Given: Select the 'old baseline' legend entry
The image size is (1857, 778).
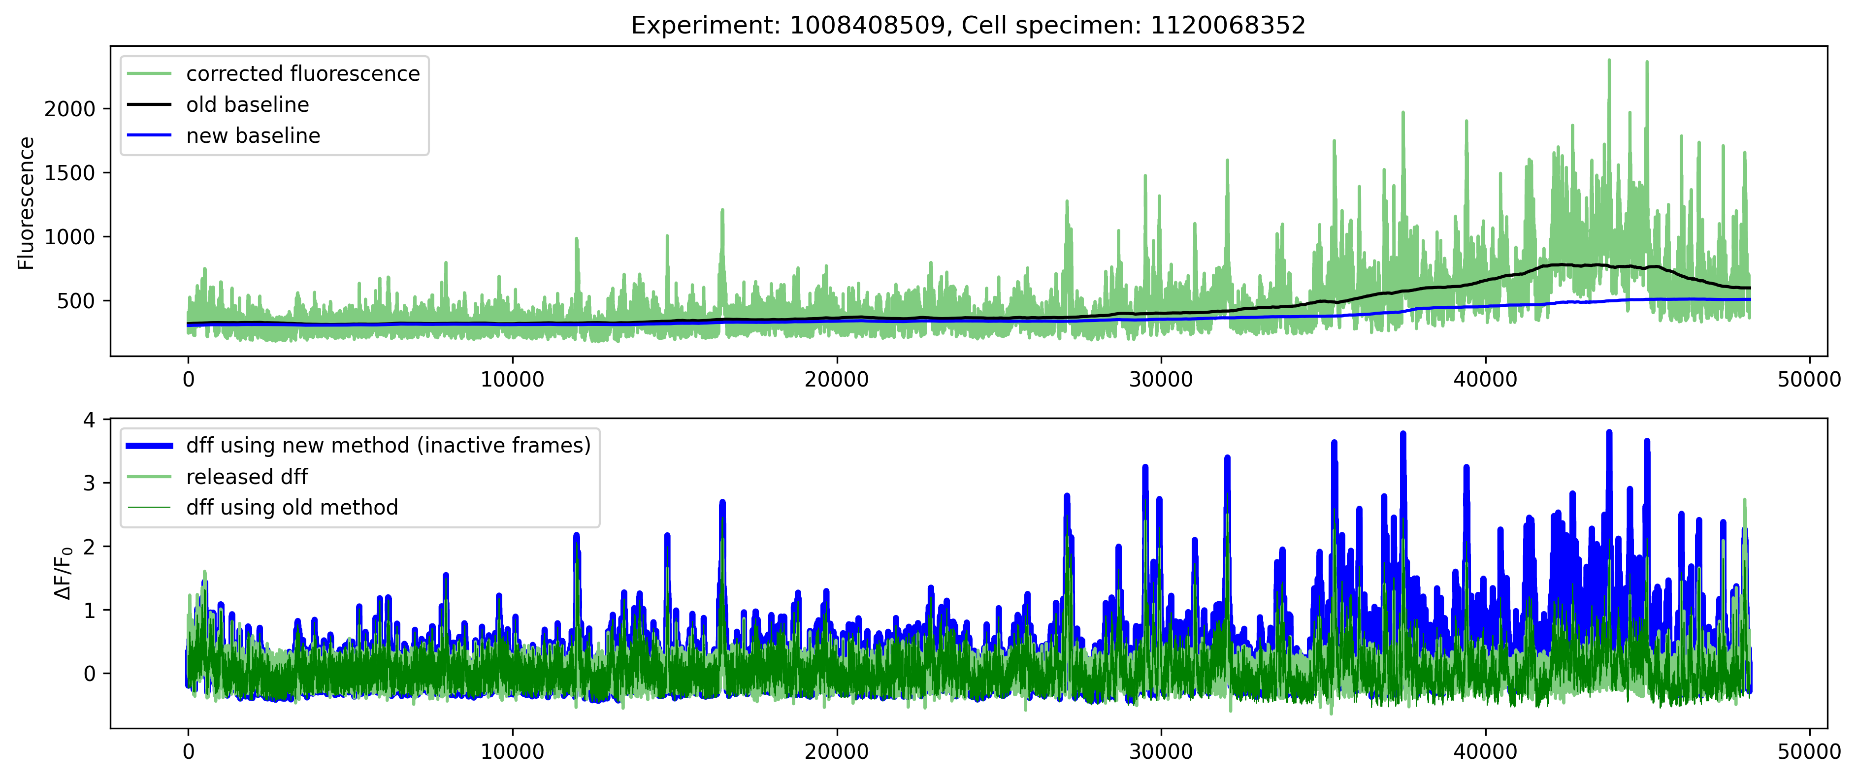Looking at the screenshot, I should pos(247,104).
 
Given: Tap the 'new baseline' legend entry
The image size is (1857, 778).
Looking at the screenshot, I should pos(253,135).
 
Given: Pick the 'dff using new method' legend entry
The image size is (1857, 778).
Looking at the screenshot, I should pos(388,446).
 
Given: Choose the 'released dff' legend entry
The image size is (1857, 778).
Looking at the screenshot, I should pos(247,477).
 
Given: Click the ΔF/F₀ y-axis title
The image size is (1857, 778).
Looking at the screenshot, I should pos(64,573).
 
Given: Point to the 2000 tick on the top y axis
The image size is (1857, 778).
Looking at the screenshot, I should pos(70,109).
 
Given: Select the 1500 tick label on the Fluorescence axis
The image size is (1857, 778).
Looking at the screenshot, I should pos(70,173).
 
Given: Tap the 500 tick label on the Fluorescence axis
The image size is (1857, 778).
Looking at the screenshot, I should pos(76,301).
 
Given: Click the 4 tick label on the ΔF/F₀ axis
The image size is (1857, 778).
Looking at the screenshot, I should pos(90,420).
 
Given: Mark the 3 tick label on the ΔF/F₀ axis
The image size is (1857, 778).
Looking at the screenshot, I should pos(90,483).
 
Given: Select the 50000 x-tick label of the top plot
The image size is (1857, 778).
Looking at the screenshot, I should pos(1809,379).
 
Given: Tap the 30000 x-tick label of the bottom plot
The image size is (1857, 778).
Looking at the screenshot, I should pos(1161,752).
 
